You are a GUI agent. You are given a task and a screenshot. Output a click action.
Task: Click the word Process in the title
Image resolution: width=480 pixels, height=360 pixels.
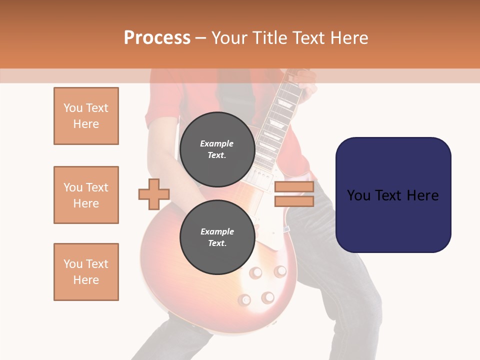[x=157, y=38]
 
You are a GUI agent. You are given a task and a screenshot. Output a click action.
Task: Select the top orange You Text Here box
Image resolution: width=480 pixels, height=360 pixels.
[x=86, y=116]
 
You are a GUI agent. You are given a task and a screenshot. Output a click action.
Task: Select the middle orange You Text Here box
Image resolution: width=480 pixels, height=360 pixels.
[x=86, y=195]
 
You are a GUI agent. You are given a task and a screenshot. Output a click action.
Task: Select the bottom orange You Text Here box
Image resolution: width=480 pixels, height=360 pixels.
[x=86, y=272]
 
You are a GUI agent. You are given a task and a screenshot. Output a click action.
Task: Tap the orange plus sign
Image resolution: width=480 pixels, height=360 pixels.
[x=154, y=194]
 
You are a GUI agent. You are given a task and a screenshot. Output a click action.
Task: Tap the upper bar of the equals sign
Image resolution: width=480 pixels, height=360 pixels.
[x=294, y=187]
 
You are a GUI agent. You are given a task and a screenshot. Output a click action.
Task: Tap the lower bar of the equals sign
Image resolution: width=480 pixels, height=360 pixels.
[x=294, y=201]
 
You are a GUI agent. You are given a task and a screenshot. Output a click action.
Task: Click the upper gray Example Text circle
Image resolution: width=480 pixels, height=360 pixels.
[x=217, y=149]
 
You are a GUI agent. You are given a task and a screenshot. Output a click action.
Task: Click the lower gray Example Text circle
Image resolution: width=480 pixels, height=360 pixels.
[x=217, y=237]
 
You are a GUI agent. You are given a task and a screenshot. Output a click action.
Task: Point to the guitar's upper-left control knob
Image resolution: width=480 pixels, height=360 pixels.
[x=256, y=273]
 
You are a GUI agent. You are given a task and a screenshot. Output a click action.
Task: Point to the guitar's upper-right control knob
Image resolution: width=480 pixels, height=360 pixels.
[x=280, y=271]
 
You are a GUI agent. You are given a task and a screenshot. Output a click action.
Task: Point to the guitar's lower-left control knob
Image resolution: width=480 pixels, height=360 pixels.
[x=244, y=299]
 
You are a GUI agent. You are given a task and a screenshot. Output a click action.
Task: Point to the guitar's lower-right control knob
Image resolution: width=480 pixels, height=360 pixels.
[x=268, y=297]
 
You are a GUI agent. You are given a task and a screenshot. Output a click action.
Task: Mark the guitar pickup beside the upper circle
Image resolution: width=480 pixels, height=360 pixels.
[x=260, y=176]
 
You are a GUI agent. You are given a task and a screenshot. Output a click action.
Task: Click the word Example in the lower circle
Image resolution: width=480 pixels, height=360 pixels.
[x=217, y=231]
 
